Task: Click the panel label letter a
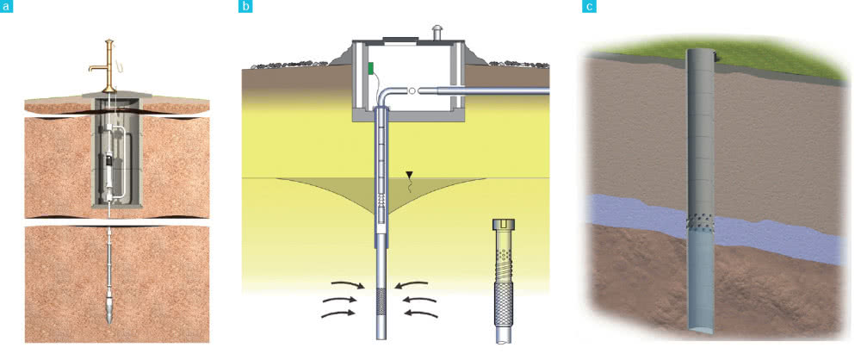coord(6,7)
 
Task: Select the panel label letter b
coord(245,7)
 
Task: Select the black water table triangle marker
coord(408,175)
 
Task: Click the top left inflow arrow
coord(348,284)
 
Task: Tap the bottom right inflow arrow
coord(421,314)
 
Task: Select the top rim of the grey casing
coord(699,49)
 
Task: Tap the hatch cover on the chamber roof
coord(400,39)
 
